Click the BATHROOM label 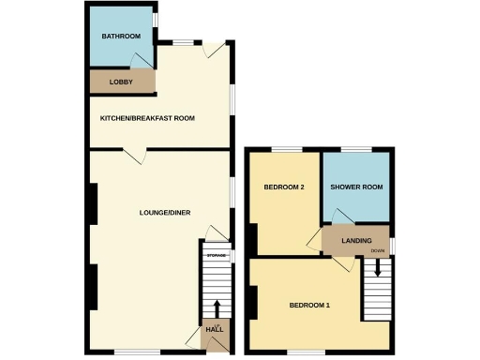(121, 37)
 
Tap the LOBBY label (121, 82)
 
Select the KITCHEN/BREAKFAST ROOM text (148, 118)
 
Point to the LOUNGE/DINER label (165, 213)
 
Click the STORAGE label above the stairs (217, 255)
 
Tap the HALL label (215, 329)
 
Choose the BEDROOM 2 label (284, 187)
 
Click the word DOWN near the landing (378, 252)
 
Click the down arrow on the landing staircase (377, 268)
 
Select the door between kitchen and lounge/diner (140, 156)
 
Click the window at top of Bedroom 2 (287, 149)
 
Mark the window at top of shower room (354, 149)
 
